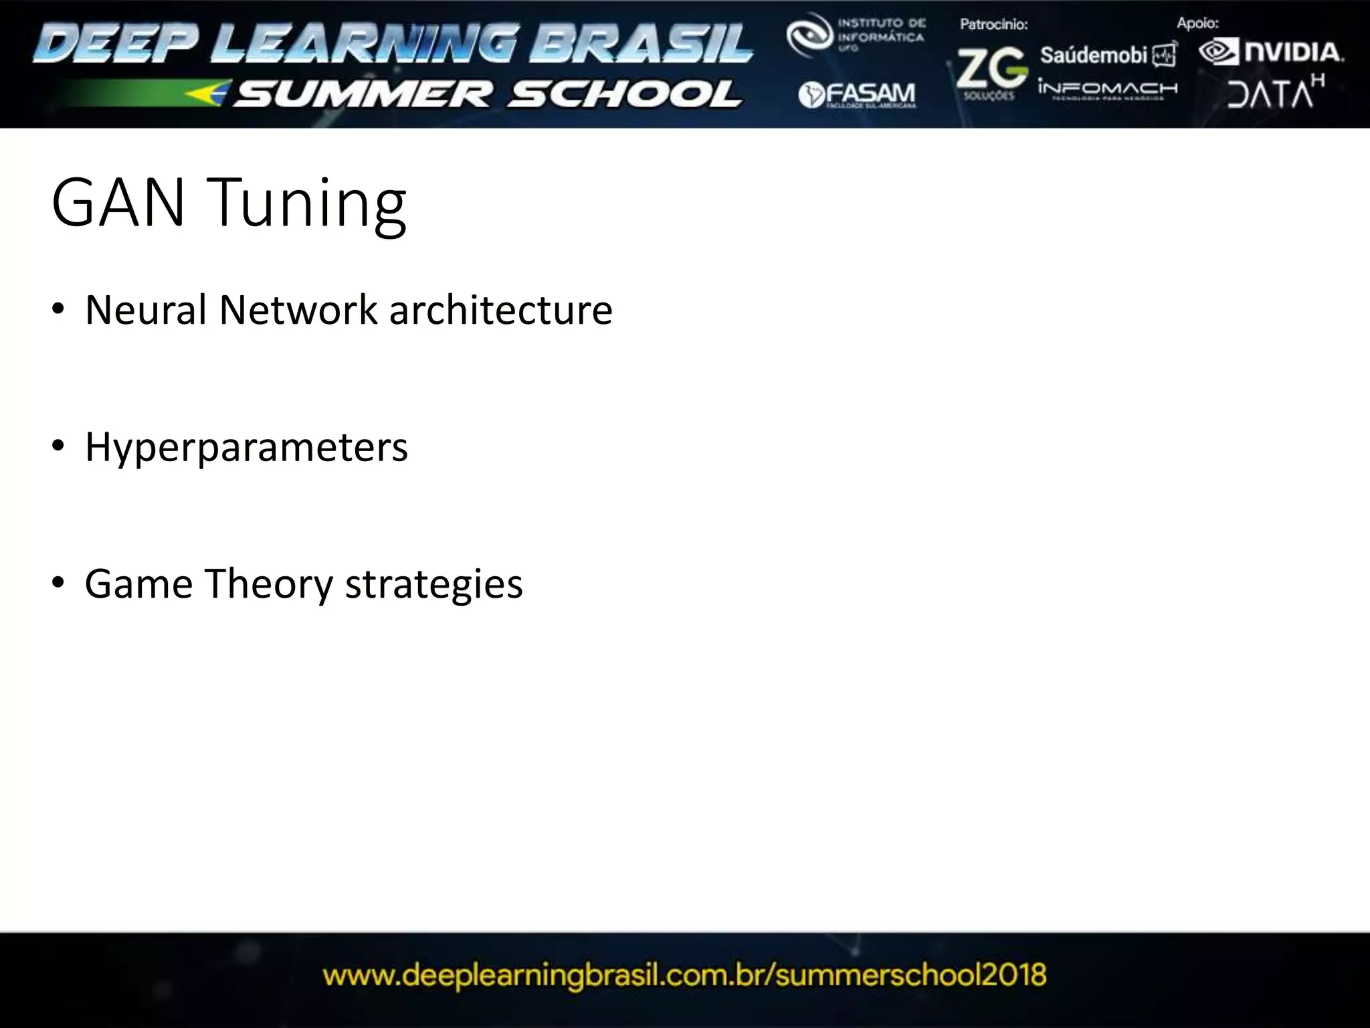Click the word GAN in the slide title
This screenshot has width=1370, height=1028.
point(118,202)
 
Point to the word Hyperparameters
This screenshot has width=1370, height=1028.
point(246,447)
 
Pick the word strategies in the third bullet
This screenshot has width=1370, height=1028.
point(433,585)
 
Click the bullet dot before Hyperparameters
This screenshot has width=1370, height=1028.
point(58,446)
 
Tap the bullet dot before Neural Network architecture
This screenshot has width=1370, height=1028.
point(58,309)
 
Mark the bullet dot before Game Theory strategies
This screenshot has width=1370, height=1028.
point(58,582)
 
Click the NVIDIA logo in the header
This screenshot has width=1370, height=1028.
point(1271,52)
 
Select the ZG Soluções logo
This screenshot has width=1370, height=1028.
point(991,72)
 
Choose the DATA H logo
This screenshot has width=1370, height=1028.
point(1275,92)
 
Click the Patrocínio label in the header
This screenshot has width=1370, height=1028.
point(993,25)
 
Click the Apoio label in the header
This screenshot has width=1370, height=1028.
point(1197,23)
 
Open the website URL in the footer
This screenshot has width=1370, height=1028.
point(684,975)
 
